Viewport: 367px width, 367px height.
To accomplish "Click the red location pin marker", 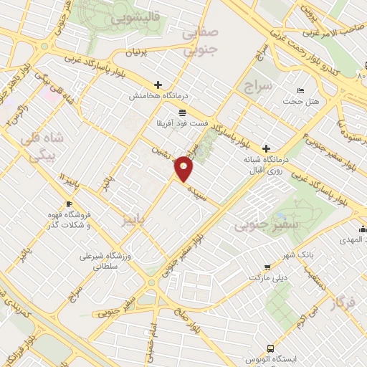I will click(185, 169).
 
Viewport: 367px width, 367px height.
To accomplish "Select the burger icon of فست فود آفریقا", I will click(182, 113).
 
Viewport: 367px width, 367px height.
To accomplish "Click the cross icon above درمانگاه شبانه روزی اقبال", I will click(267, 146).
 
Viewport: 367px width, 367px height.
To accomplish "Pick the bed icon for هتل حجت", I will click(300, 91).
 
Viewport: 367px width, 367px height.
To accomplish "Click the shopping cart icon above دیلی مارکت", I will click(267, 265).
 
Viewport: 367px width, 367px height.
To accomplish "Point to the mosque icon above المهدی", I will click(363, 229).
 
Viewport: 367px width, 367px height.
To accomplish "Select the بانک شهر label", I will click(333, 254).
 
